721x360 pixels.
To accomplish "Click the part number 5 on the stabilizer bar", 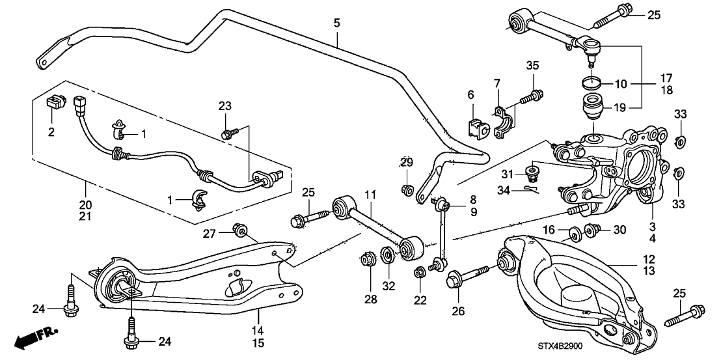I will click(x=336, y=22).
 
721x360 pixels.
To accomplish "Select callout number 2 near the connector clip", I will click(x=52, y=132).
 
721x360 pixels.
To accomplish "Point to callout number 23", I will click(x=224, y=106).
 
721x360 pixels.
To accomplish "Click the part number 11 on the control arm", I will click(x=370, y=195).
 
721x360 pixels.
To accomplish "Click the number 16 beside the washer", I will click(x=549, y=229).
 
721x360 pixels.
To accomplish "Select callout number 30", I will click(x=619, y=229).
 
